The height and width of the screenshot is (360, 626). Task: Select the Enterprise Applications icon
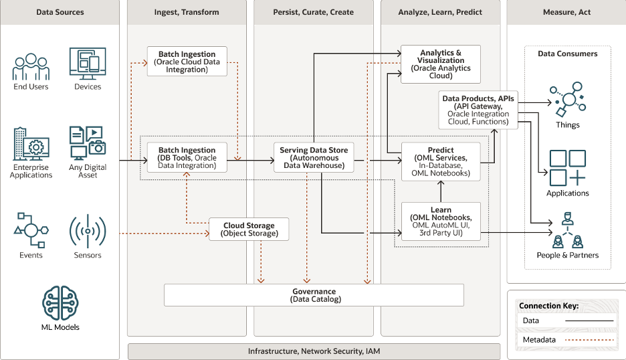click(x=31, y=144)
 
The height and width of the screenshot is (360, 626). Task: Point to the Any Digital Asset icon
click(x=88, y=143)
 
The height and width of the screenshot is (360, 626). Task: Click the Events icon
click(x=31, y=231)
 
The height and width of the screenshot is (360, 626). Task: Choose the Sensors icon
click(x=88, y=232)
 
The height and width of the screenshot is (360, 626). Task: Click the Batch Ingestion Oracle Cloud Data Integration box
click(x=187, y=62)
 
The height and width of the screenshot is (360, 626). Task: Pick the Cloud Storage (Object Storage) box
click(x=249, y=229)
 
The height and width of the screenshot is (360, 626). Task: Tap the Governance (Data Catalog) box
click(x=314, y=295)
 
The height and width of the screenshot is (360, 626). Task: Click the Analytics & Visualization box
click(x=441, y=64)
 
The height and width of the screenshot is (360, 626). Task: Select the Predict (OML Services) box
click(x=441, y=161)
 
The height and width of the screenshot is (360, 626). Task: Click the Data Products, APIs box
click(x=478, y=110)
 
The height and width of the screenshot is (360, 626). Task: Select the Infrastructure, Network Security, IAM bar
click(x=314, y=351)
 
